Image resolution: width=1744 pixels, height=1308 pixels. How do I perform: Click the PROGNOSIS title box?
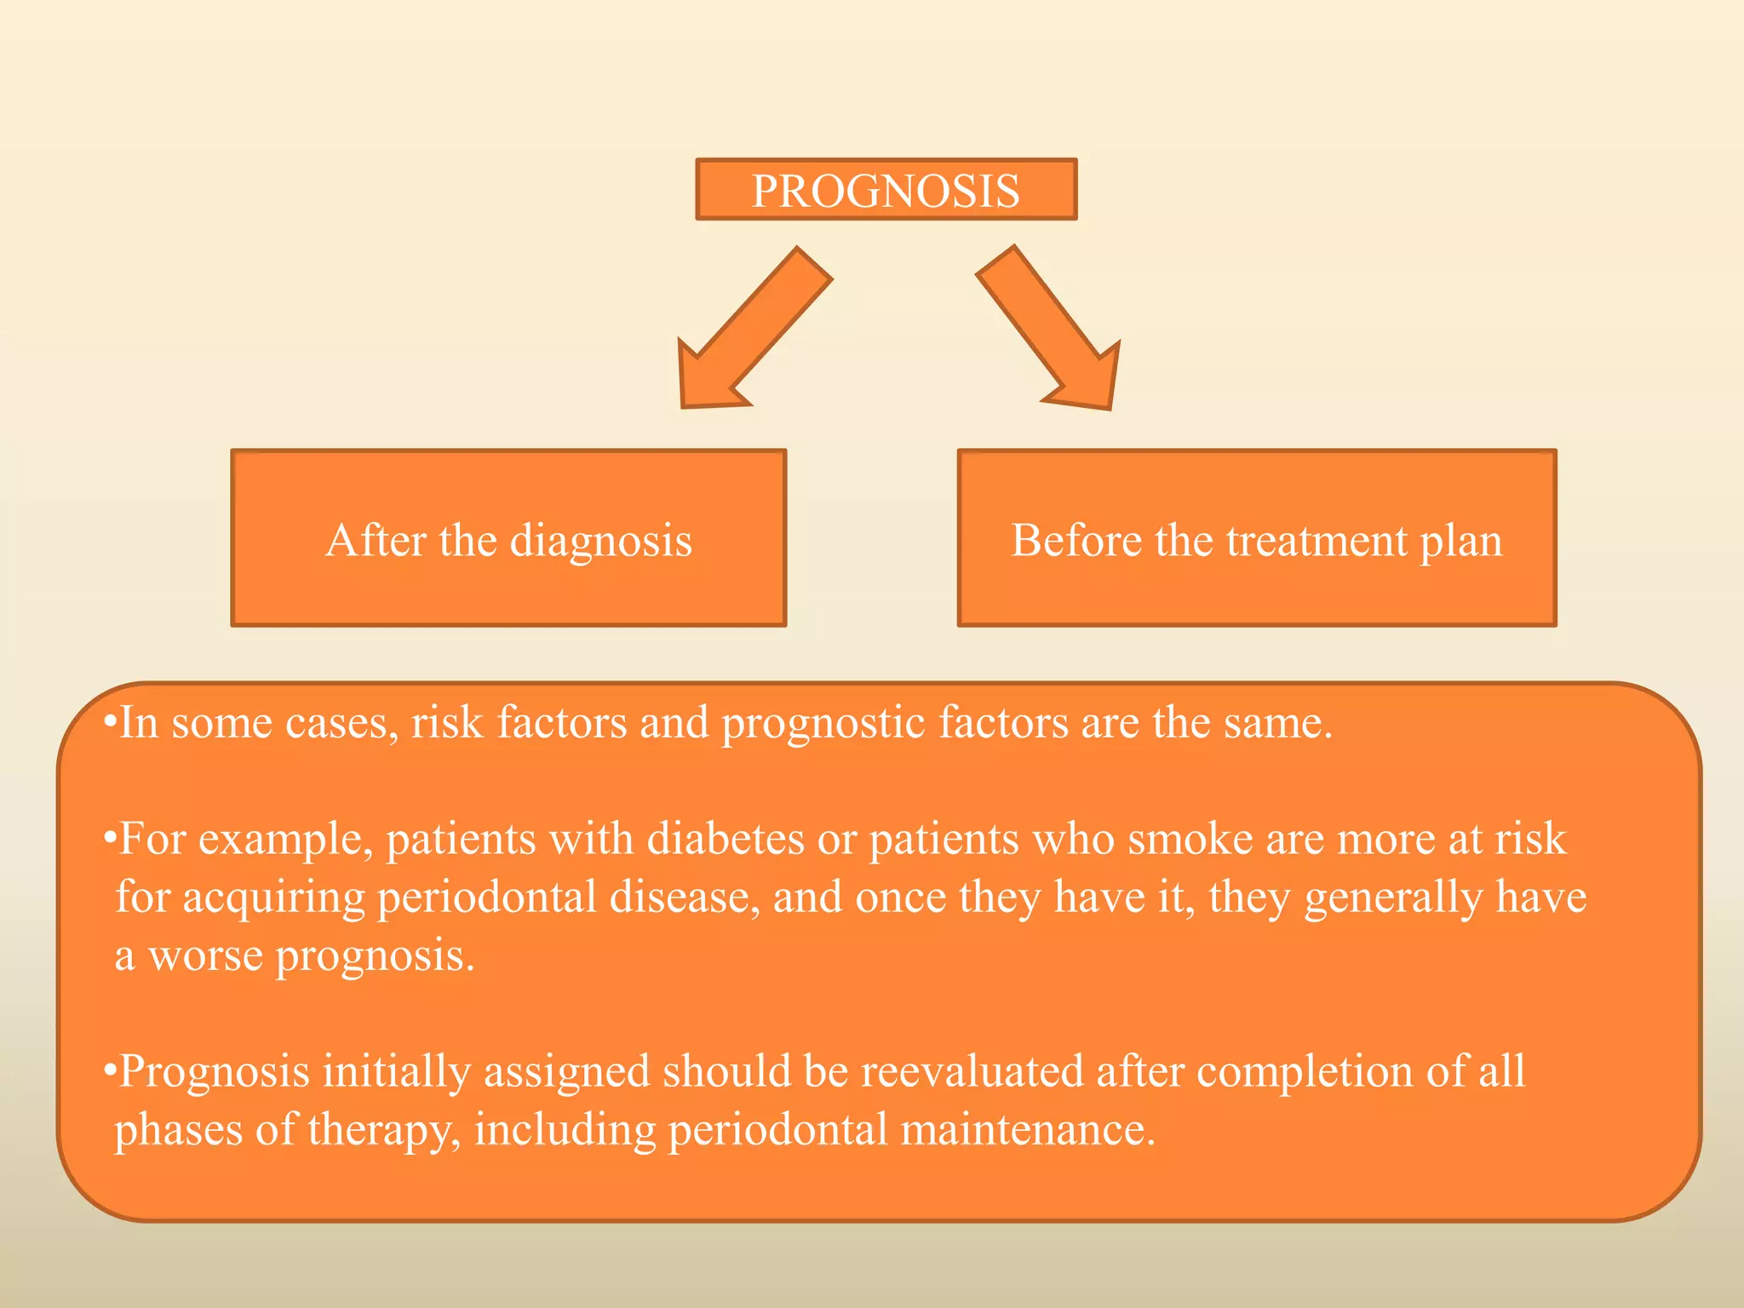pos(886,190)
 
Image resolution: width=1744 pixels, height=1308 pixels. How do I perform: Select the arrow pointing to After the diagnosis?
pos(749,332)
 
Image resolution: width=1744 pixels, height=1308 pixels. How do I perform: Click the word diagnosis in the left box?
pos(600,542)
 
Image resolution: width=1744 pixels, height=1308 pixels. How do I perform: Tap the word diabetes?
pos(726,839)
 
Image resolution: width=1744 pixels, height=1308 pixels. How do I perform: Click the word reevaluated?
pos(971,1071)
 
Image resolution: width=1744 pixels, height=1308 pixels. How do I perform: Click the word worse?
pos(205,955)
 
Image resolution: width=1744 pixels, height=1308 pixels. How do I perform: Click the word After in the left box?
pos(376,541)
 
